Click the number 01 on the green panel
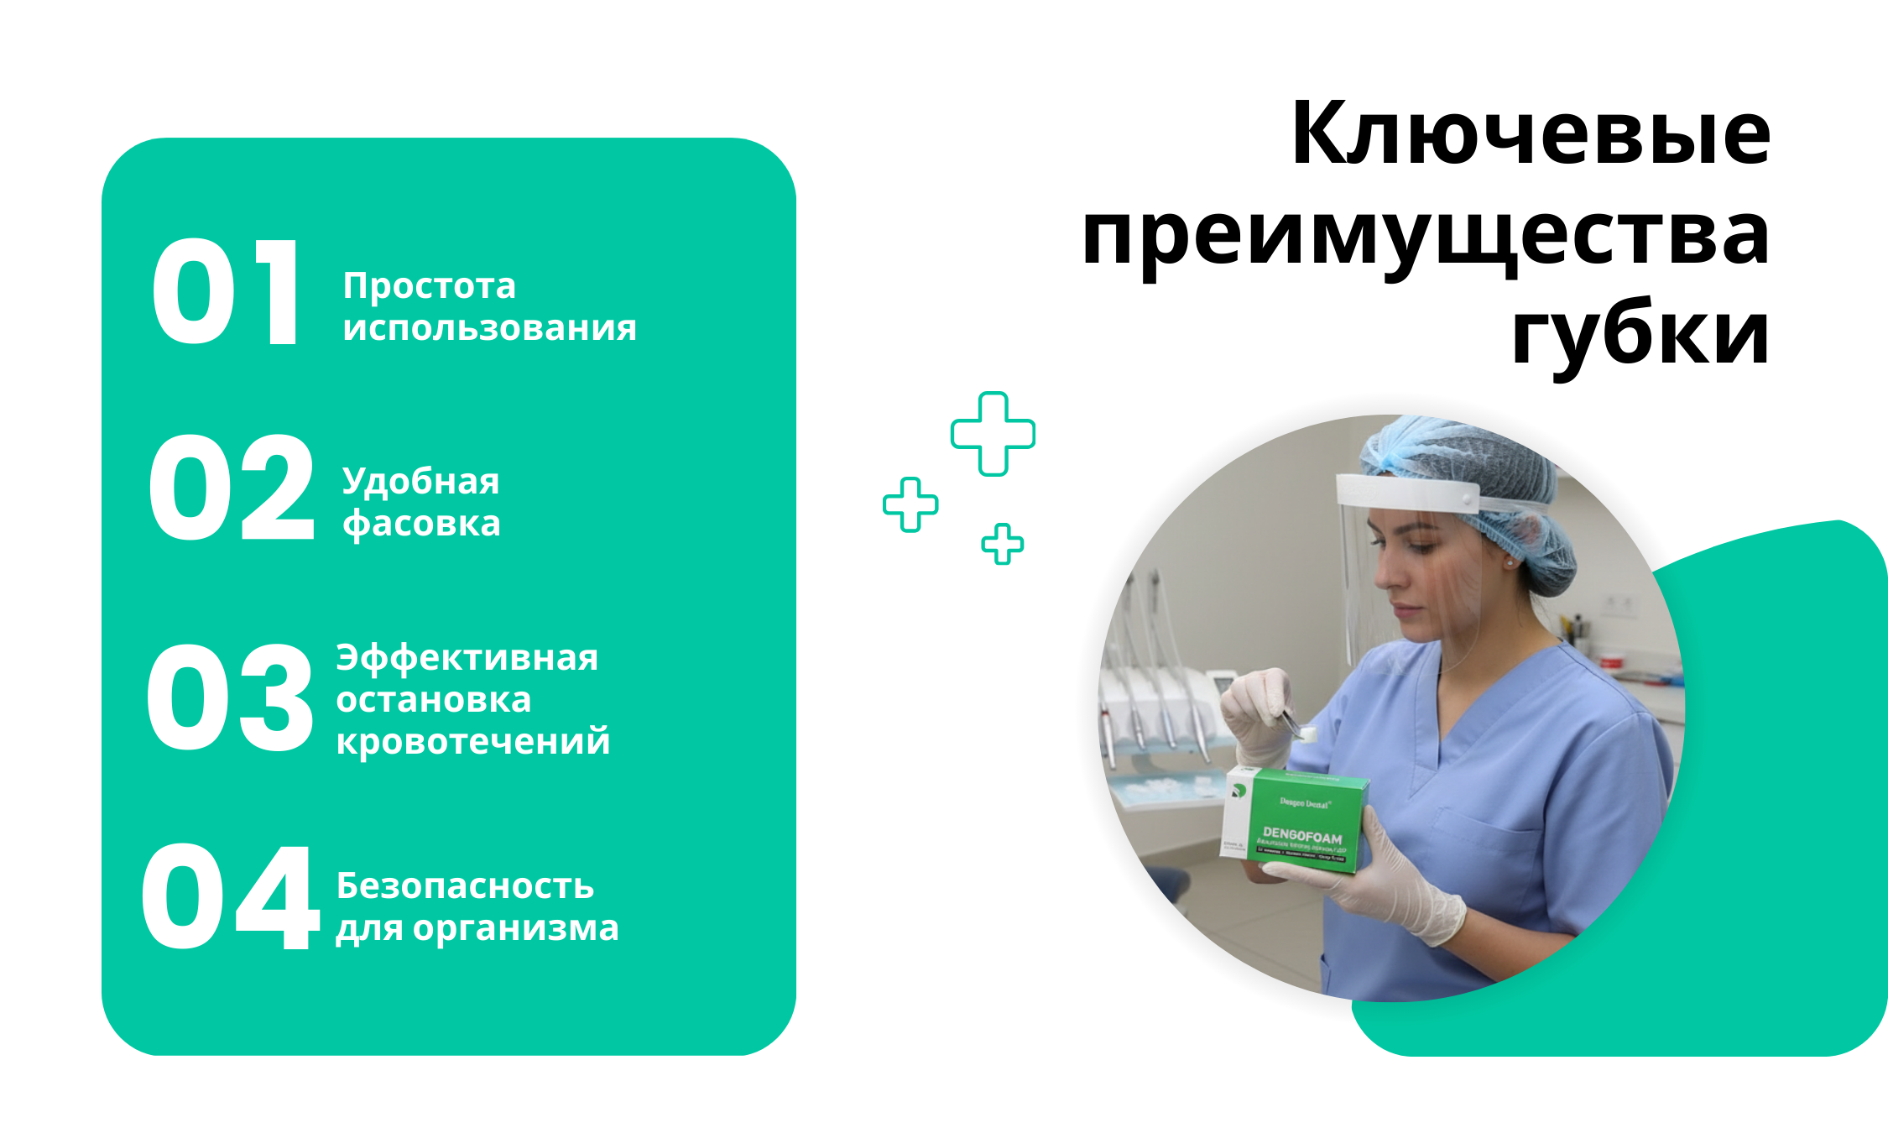click(225, 292)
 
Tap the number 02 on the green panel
click(232, 488)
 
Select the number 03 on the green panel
click(230, 698)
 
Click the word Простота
click(429, 287)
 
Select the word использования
click(489, 328)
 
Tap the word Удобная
click(420, 483)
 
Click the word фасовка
click(421, 525)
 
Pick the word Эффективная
click(467, 658)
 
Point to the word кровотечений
click(473, 742)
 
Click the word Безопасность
click(465, 886)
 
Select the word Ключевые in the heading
click(1531, 134)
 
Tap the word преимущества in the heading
click(1426, 237)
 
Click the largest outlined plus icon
click(993, 434)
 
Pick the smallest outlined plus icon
click(1003, 544)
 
